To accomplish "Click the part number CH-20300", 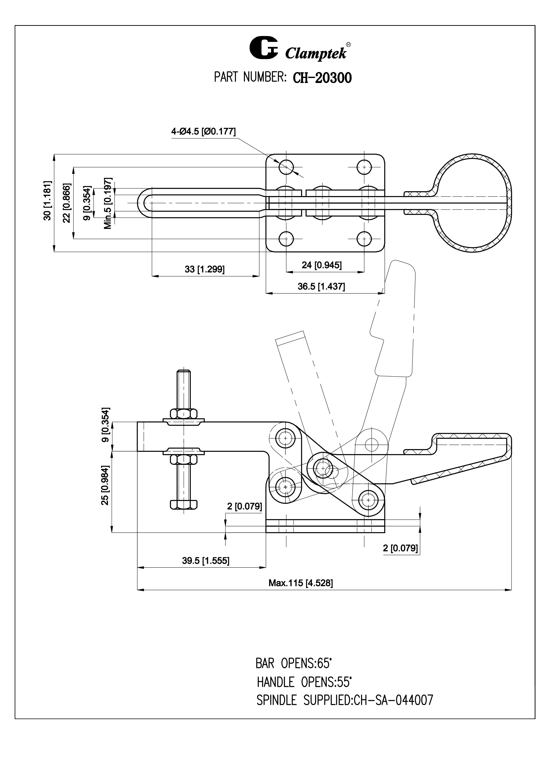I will (322, 78).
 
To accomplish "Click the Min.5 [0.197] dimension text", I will (108, 203).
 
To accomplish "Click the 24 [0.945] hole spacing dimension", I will (321, 265).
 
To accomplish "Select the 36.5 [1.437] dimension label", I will (321, 286).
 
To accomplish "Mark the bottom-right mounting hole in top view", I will (364, 239).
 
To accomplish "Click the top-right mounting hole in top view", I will (364, 167).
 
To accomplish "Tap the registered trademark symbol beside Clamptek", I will (348, 44).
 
